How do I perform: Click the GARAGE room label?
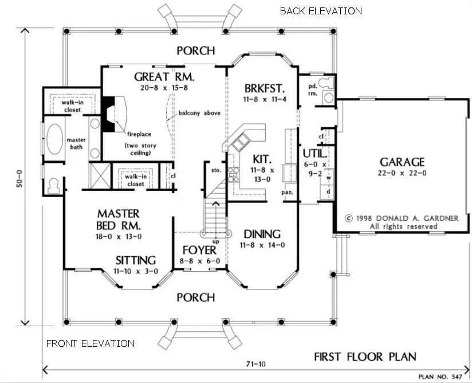click(401, 162)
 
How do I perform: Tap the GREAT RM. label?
click(164, 76)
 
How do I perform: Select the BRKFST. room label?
click(264, 89)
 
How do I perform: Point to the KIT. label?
click(262, 158)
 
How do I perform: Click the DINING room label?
click(262, 234)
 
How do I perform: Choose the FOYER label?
click(199, 250)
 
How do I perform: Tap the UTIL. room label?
click(315, 154)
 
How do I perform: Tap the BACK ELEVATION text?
click(321, 11)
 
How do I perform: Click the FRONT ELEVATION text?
click(91, 343)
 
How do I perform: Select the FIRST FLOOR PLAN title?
click(365, 356)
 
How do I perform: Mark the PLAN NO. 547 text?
click(440, 377)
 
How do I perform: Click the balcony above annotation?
click(199, 113)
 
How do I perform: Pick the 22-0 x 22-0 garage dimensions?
click(401, 173)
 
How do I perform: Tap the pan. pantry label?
click(288, 193)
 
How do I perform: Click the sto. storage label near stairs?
click(216, 170)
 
